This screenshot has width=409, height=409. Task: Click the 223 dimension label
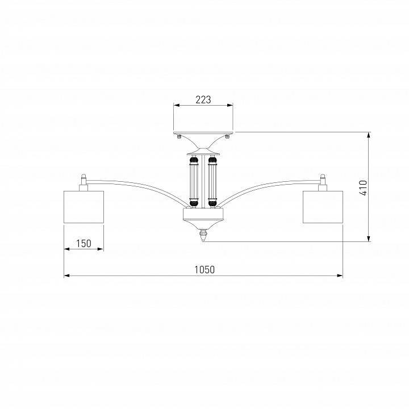(203, 99)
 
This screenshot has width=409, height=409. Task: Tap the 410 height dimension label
(363, 187)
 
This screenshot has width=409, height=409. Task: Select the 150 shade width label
(84, 243)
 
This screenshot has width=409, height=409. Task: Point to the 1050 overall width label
(204, 269)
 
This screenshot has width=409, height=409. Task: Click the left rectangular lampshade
(84, 207)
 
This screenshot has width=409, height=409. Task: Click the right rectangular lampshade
(323, 207)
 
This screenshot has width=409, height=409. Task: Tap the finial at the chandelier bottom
(203, 235)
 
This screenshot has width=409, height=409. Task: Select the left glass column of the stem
(194, 182)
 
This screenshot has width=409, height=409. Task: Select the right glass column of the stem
(212, 182)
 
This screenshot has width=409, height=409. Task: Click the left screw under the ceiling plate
(179, 136)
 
